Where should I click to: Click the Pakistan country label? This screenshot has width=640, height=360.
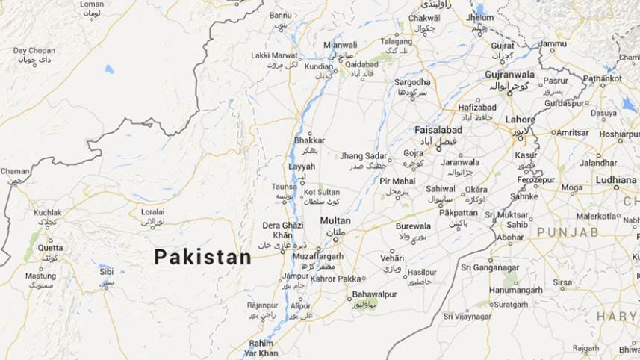click(x=202, y=257)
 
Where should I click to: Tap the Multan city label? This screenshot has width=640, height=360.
click(x=335, y=221)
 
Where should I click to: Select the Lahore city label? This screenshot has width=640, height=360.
click(x=520, y=120)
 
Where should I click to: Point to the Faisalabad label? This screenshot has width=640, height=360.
click(x=438, y=130)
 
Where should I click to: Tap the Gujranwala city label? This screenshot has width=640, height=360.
click(x=510, y=75)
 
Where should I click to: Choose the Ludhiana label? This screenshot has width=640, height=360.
click(x=615, y=180)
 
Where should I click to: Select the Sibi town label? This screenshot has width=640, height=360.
click(x=107, y=272)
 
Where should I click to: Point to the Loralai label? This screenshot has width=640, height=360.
click(x=152, y=212)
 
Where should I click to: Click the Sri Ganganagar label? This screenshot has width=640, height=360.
click(x=489, y=267)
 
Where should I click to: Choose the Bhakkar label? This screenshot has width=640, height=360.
click(x=310, y=140)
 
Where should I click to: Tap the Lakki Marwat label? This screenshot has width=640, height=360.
click(x=273, y=55)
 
